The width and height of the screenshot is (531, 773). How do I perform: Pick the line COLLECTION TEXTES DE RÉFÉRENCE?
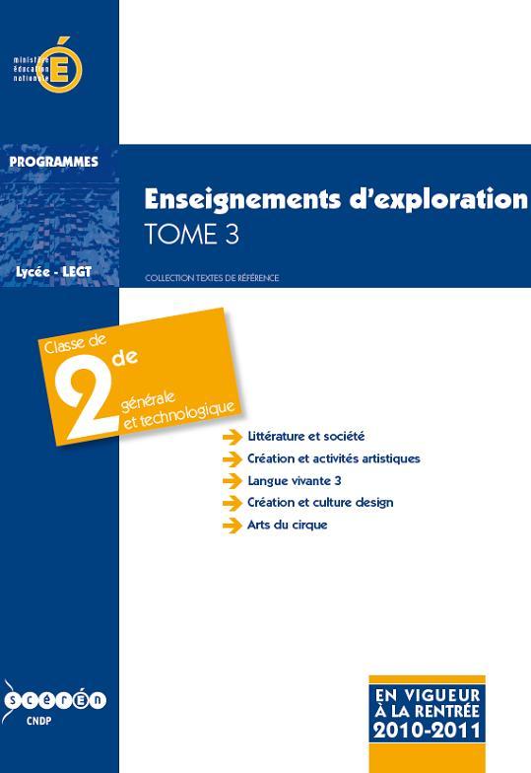pyautogui.click(x=212, y=278)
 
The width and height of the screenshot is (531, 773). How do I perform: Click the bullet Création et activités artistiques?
pyautogui.click(x=334, y=458)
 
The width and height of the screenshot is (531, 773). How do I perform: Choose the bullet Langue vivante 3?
pyautogui.click(x=294, y=480)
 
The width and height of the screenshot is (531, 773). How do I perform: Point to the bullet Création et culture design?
pyautogui.click(x=320, y=503)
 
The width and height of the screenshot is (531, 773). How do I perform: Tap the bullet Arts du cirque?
pyautogui.click(x=288, y=525)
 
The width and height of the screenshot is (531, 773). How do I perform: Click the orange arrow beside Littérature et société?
pyautogui.click(x=232, y=437)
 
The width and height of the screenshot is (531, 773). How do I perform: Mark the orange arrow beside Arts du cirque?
pyautogui.click(x=232, y=526)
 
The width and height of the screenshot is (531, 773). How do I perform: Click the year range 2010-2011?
pyautogui.click(x=427, y=731)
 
